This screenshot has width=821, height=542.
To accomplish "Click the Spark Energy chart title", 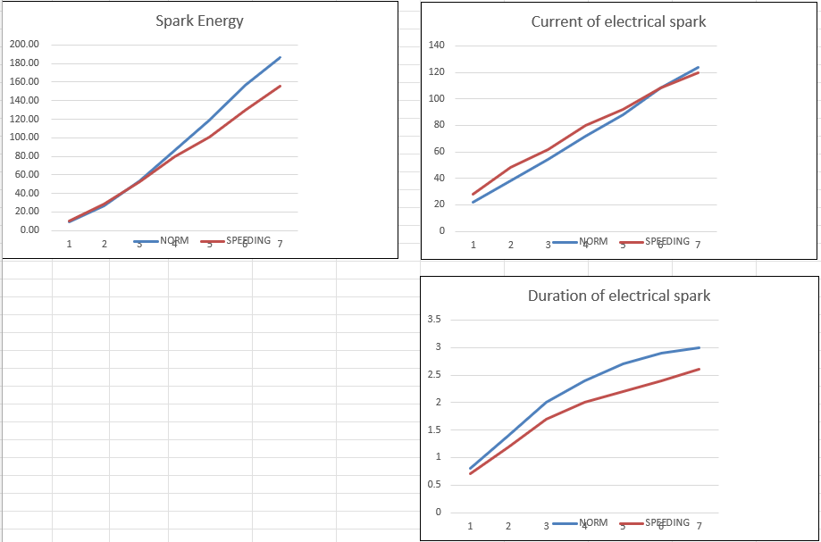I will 199,21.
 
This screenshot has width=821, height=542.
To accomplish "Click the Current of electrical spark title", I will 618,21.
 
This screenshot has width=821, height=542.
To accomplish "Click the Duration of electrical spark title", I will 619,296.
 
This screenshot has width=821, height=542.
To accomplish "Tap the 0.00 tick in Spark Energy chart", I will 29,230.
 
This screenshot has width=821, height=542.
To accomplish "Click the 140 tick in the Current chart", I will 437,45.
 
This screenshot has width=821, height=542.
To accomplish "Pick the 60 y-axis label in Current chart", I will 440,151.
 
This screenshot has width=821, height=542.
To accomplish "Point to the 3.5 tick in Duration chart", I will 437,320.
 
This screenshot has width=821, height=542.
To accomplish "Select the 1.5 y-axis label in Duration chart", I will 437,429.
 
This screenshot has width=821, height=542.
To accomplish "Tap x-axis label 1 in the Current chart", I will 473,245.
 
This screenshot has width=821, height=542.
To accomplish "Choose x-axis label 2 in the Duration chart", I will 508,526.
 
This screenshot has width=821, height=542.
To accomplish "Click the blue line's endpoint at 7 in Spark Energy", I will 280,58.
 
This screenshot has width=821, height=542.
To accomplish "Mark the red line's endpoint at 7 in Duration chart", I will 699,369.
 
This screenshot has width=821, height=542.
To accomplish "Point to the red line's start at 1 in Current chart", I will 473,194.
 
